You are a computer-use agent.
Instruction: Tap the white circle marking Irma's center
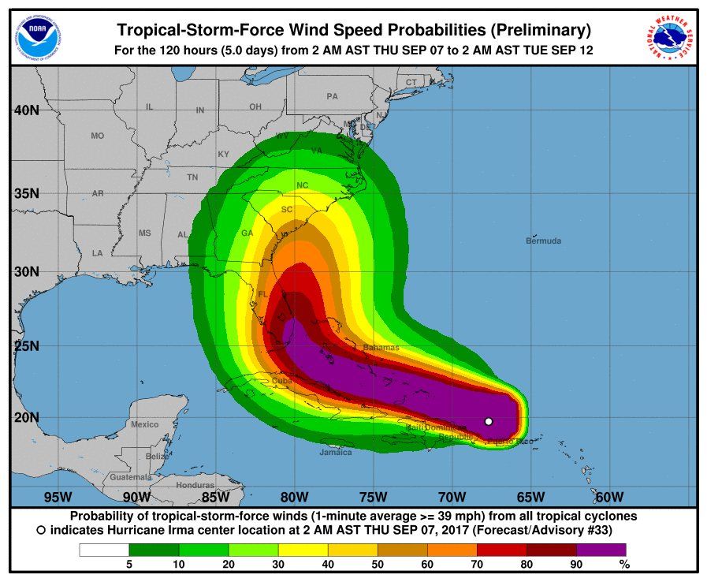(x=489, y=421)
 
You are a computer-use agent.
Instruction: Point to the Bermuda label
(x=544, y=241)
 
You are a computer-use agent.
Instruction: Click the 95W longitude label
(x=58, y=497)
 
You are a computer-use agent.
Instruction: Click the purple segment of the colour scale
(x=601, y=549)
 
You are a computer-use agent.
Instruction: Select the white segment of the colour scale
(x=103, y=549)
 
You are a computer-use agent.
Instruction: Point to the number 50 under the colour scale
(x=378, y=564)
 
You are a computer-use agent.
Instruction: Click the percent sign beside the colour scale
(x=624, y=564)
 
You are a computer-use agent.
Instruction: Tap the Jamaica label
(x=336, y=453)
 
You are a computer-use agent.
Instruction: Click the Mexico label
(x=145, y=424)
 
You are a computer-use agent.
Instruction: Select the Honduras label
(x=195, y=485)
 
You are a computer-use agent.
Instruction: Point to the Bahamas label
(x=381, y=347)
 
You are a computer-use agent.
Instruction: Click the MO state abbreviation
(x=97, y=136)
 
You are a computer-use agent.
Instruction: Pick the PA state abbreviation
(x=332, y=96)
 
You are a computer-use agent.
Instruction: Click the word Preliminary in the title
(x=541, y=31)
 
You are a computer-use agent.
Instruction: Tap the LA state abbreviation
(x=97, y=253)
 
